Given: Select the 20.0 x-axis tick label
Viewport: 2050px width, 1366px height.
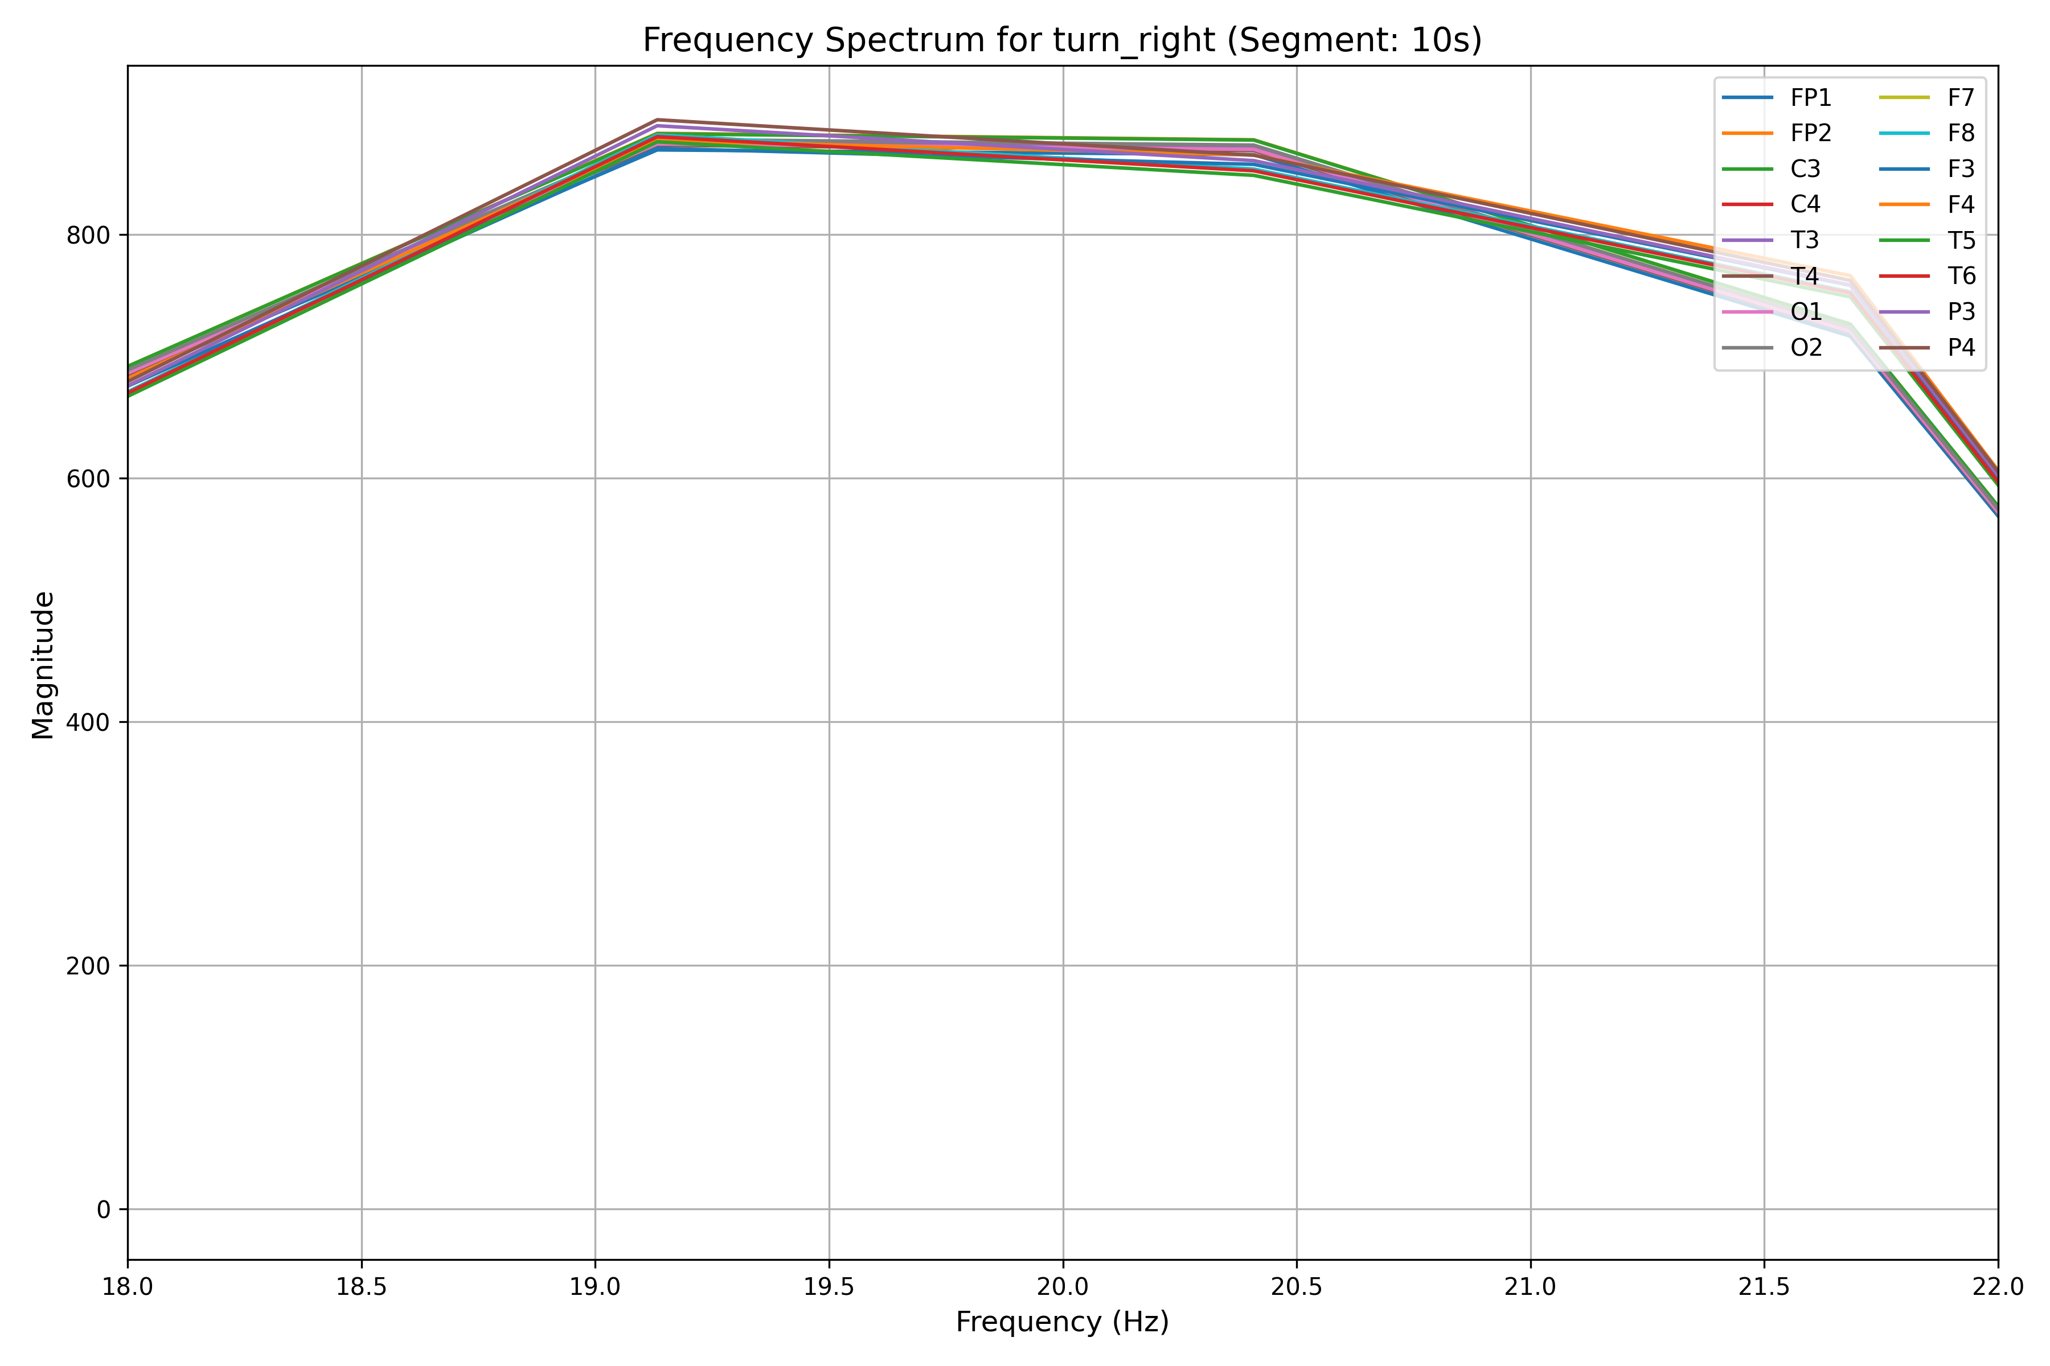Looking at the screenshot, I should click(1063, 1287).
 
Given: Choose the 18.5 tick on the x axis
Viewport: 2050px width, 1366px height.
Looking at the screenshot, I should click(362, 1287).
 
